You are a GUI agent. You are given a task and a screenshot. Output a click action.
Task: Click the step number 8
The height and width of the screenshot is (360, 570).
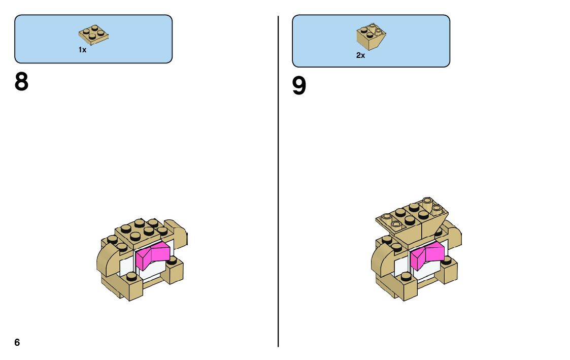pyautogui.click(x=21, y=82)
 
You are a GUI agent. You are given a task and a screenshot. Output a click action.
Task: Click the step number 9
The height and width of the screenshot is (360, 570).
pyautogui.click(x=299, y=86)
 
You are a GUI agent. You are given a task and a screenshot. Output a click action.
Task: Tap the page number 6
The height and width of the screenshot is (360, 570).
pyautogui.click(x=17, y=343)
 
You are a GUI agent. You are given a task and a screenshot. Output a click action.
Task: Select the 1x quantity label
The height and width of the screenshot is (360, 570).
pyautogui.click(x=82, y=50)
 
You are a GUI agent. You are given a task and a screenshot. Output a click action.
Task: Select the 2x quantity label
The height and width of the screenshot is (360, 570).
pyautogui.click(x=360, y=55)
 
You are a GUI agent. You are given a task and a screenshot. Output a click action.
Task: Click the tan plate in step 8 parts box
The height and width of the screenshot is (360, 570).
pyautogui.click(x=94, y=34)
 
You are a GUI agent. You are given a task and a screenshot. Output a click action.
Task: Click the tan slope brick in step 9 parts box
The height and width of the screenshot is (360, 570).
pyautogui.click(x=372, y=37)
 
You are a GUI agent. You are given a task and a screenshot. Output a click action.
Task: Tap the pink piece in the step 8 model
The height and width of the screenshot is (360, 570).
pyautogui.click(x=152, y=255)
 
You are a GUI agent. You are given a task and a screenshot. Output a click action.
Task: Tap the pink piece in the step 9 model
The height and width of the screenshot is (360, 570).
pyautogui.click(x=427, y=255)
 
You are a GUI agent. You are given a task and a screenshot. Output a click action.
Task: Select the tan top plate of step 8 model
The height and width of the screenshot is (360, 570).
pyautogui.click(x=140, y=231)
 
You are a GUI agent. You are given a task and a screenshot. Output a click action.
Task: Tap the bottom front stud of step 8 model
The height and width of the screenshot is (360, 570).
pyautogui.click(x=131, y=277)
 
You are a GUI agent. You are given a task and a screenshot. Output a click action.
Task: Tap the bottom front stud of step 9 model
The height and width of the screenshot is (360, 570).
pyautogui.click(x=406, y=277)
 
